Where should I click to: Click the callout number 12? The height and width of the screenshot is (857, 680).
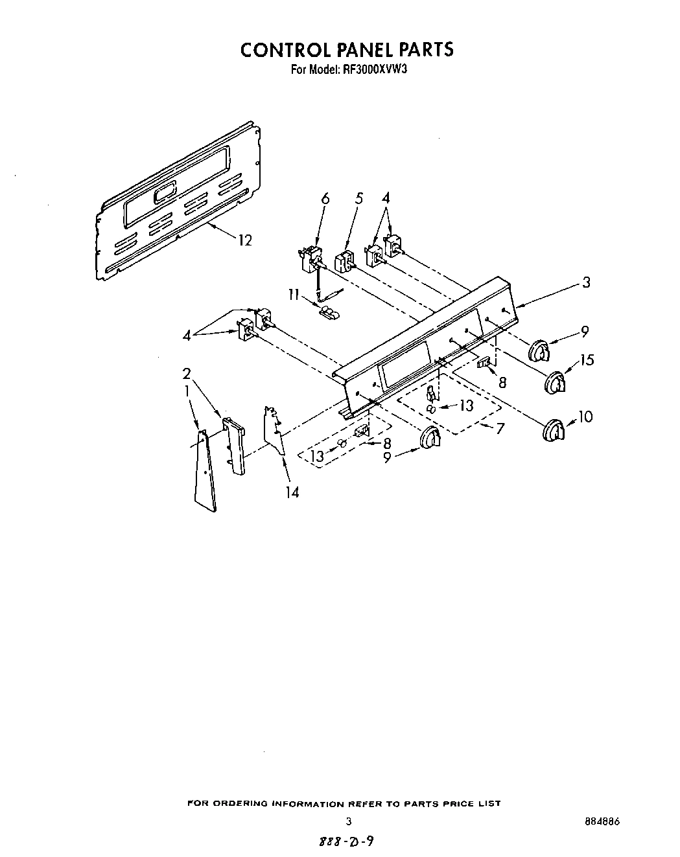click(244, 240)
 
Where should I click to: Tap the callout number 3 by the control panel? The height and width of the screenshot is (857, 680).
click(585, 282)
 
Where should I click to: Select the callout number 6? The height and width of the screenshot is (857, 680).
click(325, 199)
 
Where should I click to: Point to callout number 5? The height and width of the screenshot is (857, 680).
click(358, 199)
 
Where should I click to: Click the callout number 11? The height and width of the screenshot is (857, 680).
click(293, 295)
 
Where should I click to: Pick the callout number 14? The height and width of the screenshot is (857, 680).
click(292, 492)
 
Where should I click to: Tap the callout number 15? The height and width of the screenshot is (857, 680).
click(587, 360)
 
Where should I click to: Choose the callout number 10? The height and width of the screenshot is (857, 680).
click(585, 417)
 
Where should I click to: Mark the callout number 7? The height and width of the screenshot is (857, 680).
click(500, 428)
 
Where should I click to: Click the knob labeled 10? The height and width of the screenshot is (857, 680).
click(553, 431)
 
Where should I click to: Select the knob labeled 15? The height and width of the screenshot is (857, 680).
click(555, 382)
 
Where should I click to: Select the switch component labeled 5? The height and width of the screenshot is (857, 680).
click(344, 262)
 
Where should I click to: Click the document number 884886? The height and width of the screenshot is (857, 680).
click(602, 821)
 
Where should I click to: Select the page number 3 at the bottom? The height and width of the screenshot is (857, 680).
click(349, 821)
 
